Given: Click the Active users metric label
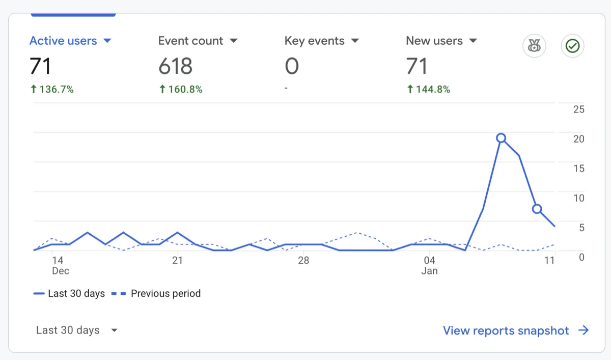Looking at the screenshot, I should (63, 41).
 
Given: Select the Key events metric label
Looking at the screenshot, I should (314, 41).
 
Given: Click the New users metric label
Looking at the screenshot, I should (434, 41).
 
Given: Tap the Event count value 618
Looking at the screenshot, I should (175, 66).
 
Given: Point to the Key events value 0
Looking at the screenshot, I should (292, 66).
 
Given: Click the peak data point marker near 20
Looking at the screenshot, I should (501, 138).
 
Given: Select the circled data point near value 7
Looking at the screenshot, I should (537, 209).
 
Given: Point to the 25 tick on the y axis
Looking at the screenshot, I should (578, 109).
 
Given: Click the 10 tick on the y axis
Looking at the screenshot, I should (578, 198).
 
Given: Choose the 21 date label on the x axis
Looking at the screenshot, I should (177, 261).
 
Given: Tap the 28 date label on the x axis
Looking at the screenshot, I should (303, 261).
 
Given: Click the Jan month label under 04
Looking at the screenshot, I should (429, 271).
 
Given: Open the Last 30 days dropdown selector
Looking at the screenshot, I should (76, 330).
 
